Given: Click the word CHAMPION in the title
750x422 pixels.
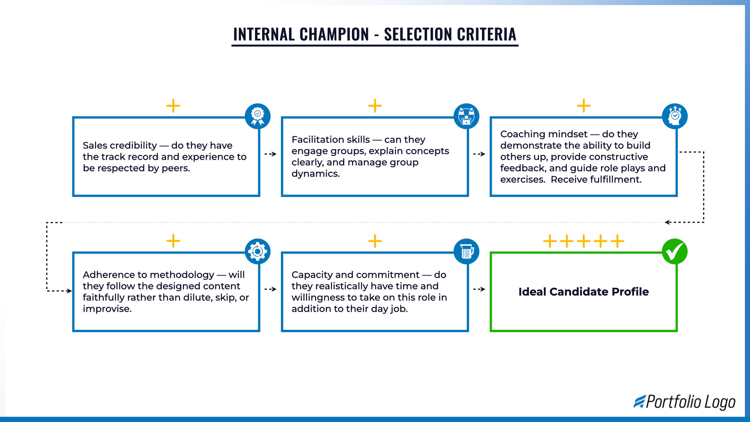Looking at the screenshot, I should pyautogui.click(x=334, y=34).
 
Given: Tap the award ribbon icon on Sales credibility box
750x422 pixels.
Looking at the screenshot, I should pyautogui.click(x=257, y=116).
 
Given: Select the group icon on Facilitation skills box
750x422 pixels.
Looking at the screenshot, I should pyautogui.click(x=466, y=116).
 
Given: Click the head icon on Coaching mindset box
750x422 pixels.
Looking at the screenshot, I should pyautogui.click(x=675, y=116).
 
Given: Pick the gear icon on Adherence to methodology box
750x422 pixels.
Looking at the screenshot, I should pyautogui.click(x=257, y=251).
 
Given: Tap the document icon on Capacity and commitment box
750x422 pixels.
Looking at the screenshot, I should pyautogui.click(x=466, y=251).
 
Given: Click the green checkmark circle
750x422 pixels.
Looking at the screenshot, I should pyautogui.click(x=675, y=251).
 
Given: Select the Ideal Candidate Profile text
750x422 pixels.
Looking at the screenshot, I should pyautogui.click(x=583, y=291).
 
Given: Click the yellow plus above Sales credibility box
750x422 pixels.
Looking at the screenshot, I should pyautogui.click(x=173, y=105).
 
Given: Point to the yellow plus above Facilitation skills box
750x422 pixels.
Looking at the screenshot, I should pyautogui.click(x=375, y=105).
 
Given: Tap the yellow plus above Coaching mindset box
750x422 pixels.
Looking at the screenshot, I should pyautogui.click(x=584, y=105).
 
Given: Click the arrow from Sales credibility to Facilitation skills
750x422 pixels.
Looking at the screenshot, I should pyautogui.click(x=270, y=154).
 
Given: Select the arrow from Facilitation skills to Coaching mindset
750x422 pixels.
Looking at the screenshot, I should pyautogui.click(x=479, y=154).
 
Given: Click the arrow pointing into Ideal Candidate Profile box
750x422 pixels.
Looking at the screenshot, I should pyautogui.click(x=479, y=289).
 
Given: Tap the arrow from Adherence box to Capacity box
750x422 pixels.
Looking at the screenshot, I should pyautogui.click(x=270, y=289).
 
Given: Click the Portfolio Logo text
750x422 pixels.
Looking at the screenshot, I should pyautogui.click(x=690, y=402).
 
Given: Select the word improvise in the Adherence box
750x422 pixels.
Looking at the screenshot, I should pyautogui.click(x=107, y=309).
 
